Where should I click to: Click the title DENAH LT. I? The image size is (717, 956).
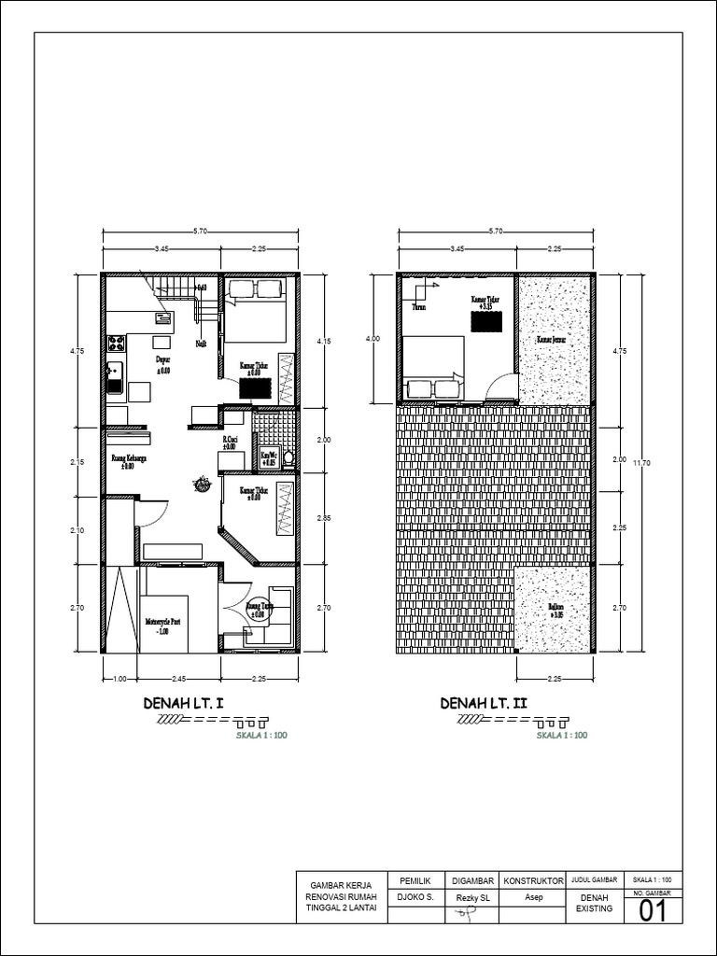pyautogui.click(x=184, y=702)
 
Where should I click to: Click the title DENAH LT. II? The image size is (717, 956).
pyautogui.click(x=485, y=702)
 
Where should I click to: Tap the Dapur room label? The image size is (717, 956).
pyautogui.click(x=162, y=358)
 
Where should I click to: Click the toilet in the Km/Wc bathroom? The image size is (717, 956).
pyautogui.click(x=288, y=457)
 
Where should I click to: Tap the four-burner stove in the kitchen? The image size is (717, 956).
pyautogui.click(x=116, y=344)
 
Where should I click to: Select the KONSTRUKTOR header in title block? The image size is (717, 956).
pyautogui.click(x=533, y=880)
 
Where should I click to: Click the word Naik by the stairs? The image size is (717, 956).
pyautogui.click(x=201, y=344)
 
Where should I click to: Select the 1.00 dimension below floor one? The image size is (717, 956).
pyautogui.click(x=119, y=679)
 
